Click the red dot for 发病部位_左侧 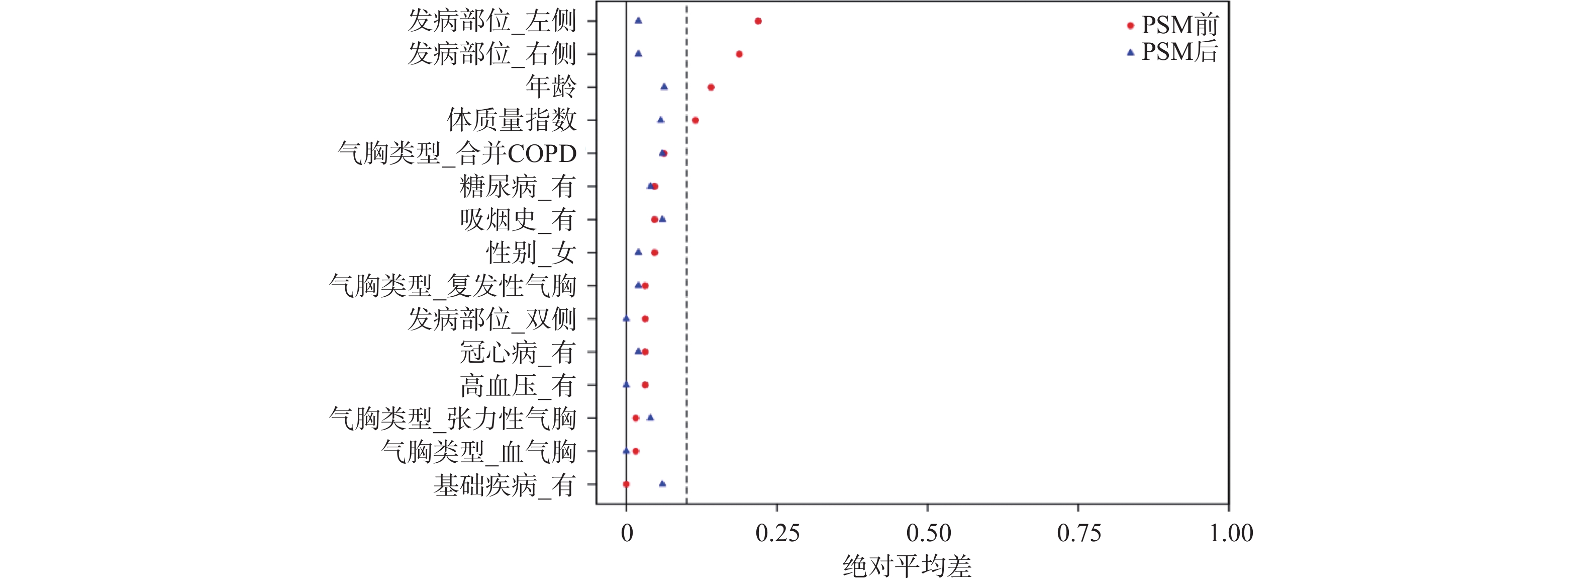click(x=758, y=21)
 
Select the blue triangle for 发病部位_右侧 click(x=638, y=53)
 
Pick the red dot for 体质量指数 click(x=695, y=120)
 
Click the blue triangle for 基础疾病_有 click(x=662, y=483)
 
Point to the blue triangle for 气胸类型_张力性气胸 click(x=650, y=418)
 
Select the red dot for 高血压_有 click(x=645, y=385)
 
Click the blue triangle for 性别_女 click(x=638, y=252)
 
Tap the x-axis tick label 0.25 click(x=777, y=533)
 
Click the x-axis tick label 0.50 click(x=928, y=533)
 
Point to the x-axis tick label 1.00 click(x=1231, y=533)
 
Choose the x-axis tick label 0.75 click(x=1078, y=533)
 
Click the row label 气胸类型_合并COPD click(x=457, y=153)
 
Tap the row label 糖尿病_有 click(x=518, y=186)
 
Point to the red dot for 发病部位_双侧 click(x=645, y=318)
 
